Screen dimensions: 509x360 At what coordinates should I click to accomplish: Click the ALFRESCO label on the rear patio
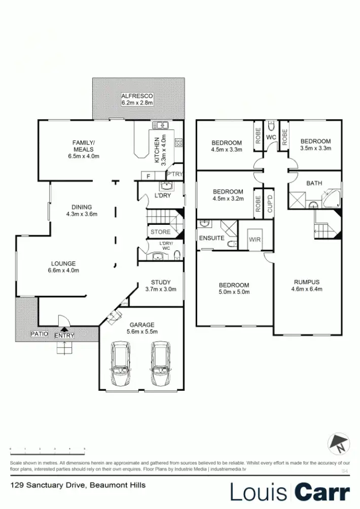tap(137, 96)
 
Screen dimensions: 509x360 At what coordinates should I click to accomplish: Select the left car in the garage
tap(120, 364)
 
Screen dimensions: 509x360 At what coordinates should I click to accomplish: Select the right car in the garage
tap(160, 364)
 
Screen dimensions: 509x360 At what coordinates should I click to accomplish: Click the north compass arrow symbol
tap(338, 444)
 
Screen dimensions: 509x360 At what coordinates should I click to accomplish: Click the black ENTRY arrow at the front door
tap(64, 329)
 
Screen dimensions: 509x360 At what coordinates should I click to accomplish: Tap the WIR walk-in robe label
tap(255, 239)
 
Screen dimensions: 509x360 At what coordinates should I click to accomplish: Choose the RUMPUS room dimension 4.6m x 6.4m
tap(307, 289)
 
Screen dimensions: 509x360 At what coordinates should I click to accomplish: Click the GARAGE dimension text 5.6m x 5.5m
tap(141, 331)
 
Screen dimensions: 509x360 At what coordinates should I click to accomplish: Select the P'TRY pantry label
tap(174, 174)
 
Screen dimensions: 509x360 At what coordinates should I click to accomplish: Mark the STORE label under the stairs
tap(160, 232)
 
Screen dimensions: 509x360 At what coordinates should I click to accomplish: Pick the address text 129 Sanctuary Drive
tap(49, 485)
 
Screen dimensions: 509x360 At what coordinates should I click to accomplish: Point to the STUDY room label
tap(160, 282)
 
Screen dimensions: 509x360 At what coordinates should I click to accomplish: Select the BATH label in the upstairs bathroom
tap(314, 183)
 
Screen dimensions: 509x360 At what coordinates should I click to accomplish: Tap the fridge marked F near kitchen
tap(148, 176)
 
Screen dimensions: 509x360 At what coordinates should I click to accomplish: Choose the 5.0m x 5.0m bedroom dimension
tap(234, 292)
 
